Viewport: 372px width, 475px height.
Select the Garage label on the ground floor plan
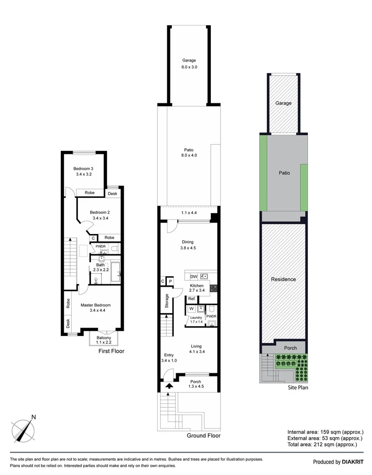coord(189,61)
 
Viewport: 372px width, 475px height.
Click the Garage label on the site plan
coord(284,103)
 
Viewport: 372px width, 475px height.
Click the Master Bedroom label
coord(95,305)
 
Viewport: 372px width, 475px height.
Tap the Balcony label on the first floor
coord(104,338)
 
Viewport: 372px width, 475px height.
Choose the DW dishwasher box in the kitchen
coord(193,276)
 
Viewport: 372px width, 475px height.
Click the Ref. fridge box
coord(192,299)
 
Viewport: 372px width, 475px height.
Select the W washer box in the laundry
coord(192,309)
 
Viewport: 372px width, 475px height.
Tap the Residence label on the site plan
coord(284,279)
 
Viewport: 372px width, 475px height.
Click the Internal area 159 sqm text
coord(325,431)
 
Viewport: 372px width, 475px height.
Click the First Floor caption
coord(111,351)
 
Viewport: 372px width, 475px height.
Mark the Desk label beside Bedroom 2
coord(112,194)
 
